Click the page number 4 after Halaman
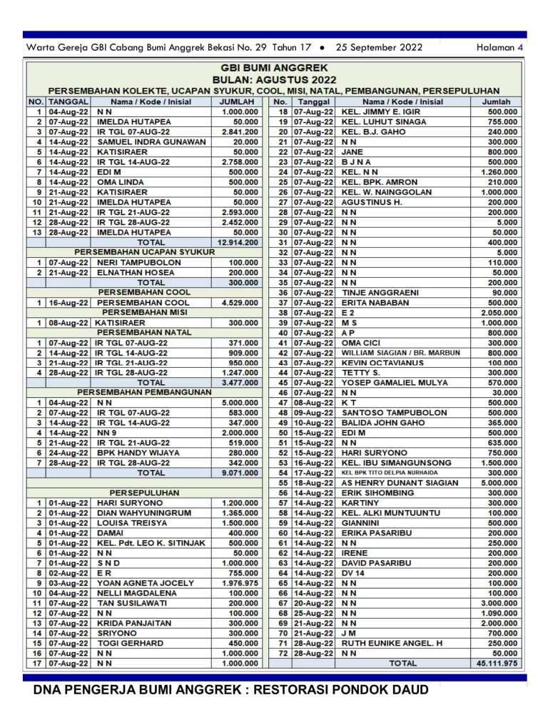[521, 48]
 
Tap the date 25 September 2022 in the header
[379, 48]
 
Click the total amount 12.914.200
[235, 243]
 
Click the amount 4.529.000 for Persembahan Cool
[240, 303]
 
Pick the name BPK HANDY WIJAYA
[140, 452]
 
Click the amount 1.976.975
[240, 583]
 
